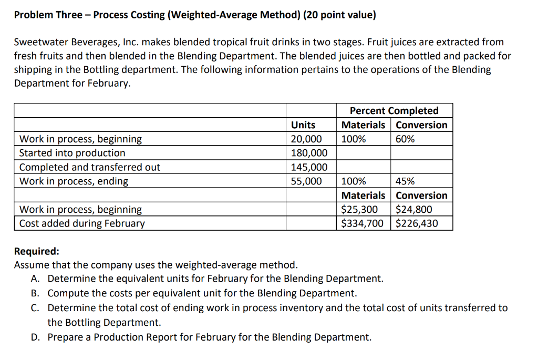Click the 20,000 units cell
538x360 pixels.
(306, 139)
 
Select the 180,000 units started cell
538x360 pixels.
(309, 153)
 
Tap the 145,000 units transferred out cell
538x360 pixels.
(309, 167)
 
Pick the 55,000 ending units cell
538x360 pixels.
(306, 181)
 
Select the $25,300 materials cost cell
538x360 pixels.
(359, 209)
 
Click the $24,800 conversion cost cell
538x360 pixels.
(414, 209)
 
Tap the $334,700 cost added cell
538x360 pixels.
(363, 223)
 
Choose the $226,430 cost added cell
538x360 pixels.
(417, 223)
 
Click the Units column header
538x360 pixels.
(303, 125)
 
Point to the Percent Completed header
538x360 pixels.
(394, 111)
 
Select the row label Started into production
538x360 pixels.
(72, 153)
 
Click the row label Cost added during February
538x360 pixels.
(82, 223)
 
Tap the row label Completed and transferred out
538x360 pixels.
(89, 167)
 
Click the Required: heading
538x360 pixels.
(37, 251)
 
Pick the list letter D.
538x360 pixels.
(36, 337)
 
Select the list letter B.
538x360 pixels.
(36, 293)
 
